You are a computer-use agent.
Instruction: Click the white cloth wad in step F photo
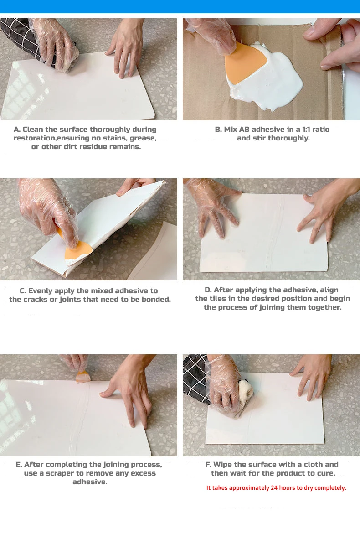[x=246, y=390]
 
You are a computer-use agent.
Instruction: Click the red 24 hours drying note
[x=276, y=488]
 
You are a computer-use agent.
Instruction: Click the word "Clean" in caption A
[x=33, y=130]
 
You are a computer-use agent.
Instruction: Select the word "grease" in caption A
[x=143, y=138]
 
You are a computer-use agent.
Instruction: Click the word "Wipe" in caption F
[x=223, y=465]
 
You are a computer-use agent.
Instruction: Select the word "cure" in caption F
[x=326, y=473]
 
